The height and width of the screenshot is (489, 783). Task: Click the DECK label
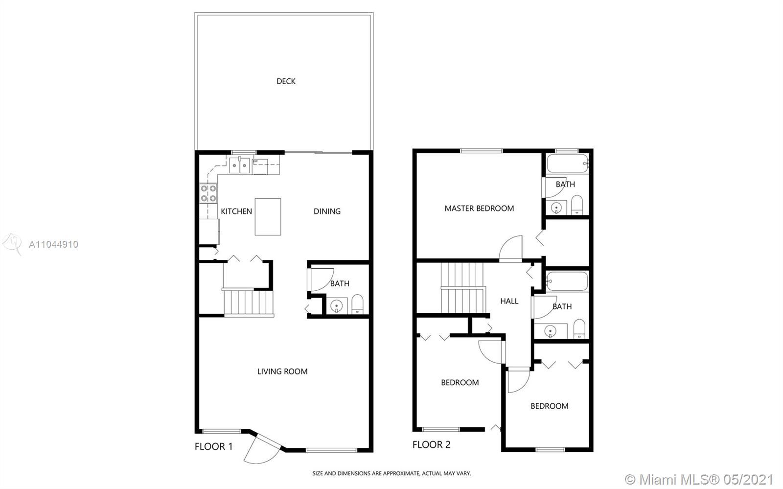tap(286, 81)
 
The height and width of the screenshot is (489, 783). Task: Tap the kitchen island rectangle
tap(268, 217)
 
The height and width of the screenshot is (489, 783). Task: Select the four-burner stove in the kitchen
tap(208, 193)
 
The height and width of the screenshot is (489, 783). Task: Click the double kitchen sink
tap(239, 165)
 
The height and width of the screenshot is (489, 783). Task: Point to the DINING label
tap(327, 211)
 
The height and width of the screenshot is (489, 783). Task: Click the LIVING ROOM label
tap(282, 371)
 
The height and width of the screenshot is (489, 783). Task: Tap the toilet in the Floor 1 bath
tap(357, 304)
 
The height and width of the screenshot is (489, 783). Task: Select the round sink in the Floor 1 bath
tap(337, 306)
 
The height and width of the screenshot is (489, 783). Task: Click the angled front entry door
tap(262, 449)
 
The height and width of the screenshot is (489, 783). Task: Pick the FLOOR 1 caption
tap(213, 446)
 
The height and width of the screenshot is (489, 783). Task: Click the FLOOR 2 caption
tap(431, 444)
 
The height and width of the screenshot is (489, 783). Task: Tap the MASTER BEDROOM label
tap(479, 209)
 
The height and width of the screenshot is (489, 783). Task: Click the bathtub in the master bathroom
tap(568, 163)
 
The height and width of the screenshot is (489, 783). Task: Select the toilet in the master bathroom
tap(577, 205)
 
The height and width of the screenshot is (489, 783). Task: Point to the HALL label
tap(509, 301)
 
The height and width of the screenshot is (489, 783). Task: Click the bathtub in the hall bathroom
tap(567, 281)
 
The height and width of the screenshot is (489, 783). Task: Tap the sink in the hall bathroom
tap(551, 331)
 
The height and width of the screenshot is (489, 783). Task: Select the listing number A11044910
tap(53, 244)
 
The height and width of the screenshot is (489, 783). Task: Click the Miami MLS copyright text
tap(699, 479)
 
